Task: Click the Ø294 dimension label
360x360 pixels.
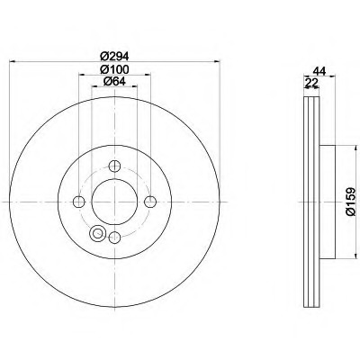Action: coord(114,56)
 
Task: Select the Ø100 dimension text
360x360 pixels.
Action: coord(114,69)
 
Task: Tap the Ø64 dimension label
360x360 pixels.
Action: coord(114,81)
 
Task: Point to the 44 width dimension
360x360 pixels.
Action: coord(319,71)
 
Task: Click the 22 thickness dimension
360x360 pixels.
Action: coord(311,83)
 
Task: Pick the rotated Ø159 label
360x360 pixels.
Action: coord(350,202)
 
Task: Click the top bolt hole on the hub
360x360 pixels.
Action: coord(114,166)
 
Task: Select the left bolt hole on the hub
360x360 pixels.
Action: coord(78,202)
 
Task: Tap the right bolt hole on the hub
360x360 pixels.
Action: coord(150,202)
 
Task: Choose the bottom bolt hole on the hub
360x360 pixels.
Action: coord(114,238)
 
